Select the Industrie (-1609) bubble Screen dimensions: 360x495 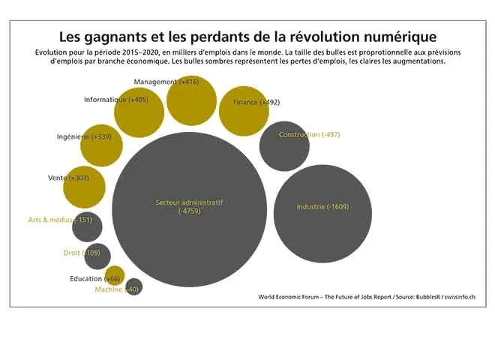[322, 212]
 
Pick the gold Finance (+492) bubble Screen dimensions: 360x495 [244, 110]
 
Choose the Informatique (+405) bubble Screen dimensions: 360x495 [139, 112]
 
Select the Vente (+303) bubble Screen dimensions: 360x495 [84, 187]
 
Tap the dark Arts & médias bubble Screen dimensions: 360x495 [88, 226]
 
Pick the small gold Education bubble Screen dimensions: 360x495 [115, 275]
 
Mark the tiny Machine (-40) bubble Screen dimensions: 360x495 [133, 287]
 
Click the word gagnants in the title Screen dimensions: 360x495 [118, 36]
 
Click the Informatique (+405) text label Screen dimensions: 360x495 [116, 100]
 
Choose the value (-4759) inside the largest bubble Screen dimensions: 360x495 [190, 211]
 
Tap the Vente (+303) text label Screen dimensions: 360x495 [68, 178]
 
